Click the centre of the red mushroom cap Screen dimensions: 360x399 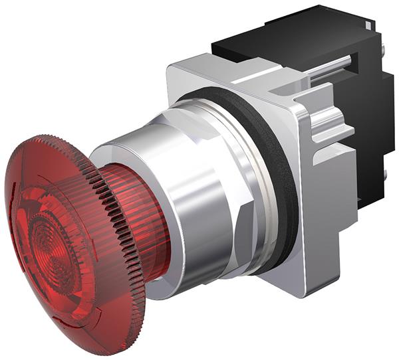(x=50, y=242)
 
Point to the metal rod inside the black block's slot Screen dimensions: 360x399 (x=332, y=66)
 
